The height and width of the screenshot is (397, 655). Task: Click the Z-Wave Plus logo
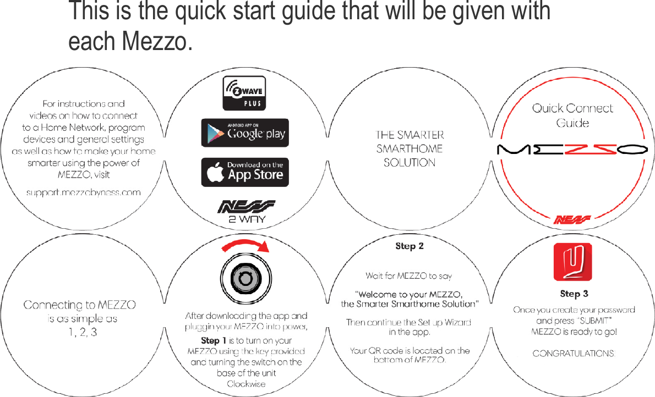click(244, 93)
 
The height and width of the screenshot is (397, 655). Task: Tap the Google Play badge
click(245, 133)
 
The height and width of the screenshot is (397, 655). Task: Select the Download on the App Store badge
click(245, 172)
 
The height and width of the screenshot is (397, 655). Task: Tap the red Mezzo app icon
click(572, 262)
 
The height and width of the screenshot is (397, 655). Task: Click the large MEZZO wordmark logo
click(572, 149)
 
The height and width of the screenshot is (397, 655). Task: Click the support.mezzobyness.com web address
click(84, 192)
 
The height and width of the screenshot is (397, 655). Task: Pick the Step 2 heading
click(410, 246)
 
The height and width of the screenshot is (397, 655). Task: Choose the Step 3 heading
click(574, 294)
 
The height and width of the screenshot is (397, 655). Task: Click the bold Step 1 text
click(214, 341)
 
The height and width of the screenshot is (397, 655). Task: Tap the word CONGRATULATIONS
click(574, 354)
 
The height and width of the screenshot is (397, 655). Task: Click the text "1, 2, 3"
click(79, 332)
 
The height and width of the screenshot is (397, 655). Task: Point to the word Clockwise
click(246, 383)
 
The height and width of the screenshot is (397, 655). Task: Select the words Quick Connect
click(572, 108)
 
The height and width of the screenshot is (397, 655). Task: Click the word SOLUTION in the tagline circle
click(410, 163)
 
